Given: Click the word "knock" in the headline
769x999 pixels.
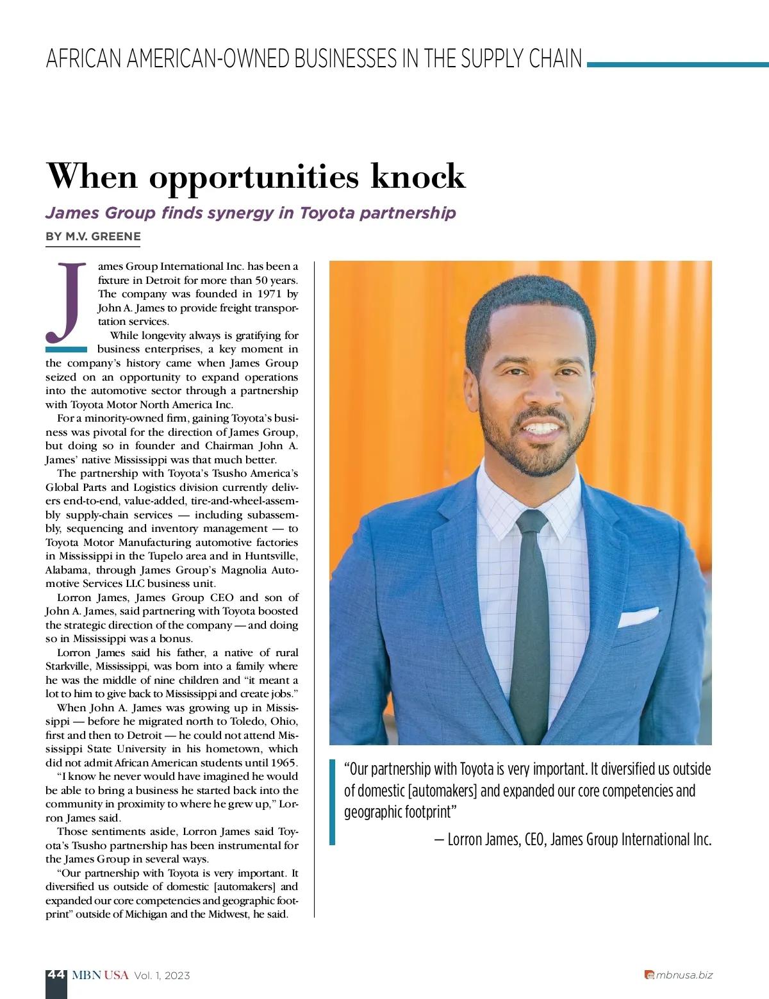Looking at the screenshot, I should click(x=418, y=176).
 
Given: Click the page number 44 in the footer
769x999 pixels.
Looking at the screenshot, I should click(x=56, y=975).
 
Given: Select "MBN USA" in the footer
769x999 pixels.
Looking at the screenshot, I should click(x=100, y=975).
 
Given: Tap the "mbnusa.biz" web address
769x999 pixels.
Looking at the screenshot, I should click(x=684, y=975).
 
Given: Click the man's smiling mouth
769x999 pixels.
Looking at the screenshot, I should click(x=542, y=427).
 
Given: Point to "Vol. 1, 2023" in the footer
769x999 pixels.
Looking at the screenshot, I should click(x=162, y=975).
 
